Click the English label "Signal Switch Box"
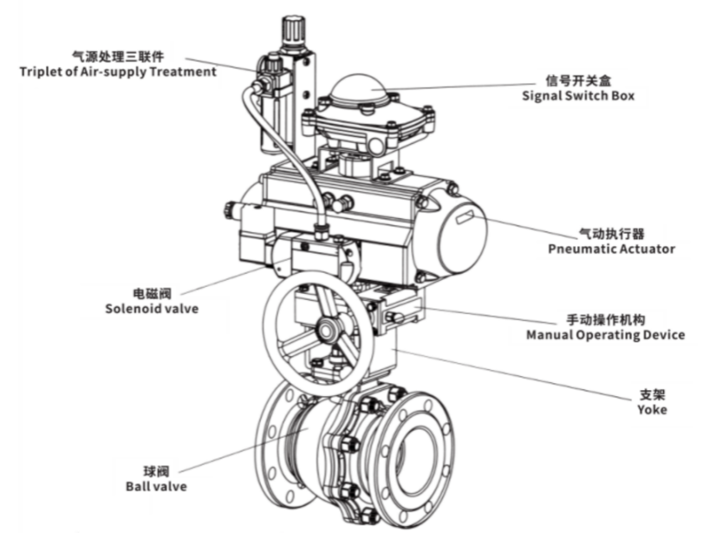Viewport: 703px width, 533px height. tap(577, 95)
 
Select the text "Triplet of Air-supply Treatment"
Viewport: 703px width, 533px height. tap(118, 71)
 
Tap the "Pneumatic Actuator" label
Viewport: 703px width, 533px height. tap(611, 249)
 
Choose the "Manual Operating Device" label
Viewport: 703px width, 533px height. tap(605, 335)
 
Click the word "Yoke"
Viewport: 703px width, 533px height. tap(652, 410)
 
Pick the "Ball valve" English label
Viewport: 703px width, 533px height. tap(158, 486)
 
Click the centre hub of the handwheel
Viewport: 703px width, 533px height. tap(327, 328)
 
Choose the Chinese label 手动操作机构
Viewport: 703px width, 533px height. tap(605, 319)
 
